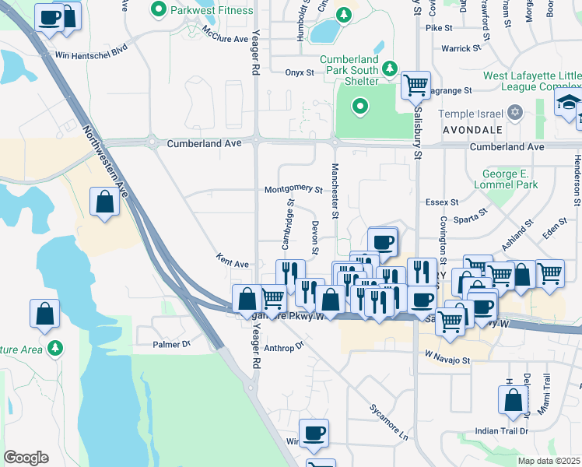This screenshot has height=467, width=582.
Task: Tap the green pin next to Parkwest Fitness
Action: tap(159, 11)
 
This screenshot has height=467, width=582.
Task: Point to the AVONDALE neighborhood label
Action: tap(474, 130)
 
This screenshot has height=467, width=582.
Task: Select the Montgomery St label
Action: tap(293, 189)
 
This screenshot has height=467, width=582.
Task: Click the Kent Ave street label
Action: tap(232, 264)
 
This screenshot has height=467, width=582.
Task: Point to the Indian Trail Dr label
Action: tap(502, 430)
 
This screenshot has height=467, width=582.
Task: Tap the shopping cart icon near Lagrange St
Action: tap(415, 85)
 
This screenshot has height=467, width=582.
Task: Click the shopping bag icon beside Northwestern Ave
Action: tap(105, 204)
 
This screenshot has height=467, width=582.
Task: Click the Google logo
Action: tap(26, 458)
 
